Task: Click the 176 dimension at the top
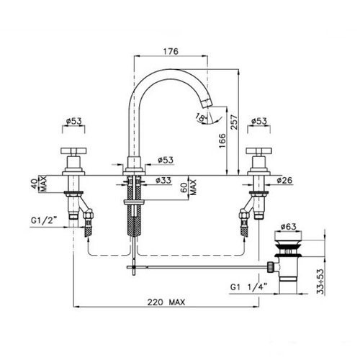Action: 171,51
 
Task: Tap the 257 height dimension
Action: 234,122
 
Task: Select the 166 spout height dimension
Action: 222,140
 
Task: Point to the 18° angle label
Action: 201,117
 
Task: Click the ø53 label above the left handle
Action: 74,121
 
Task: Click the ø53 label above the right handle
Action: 259,121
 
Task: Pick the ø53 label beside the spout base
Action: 166,160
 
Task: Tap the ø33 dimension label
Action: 163,180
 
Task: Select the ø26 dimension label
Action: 284,180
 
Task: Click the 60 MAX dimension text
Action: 189,187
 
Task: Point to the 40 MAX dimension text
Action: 39,184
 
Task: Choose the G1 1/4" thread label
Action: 249,287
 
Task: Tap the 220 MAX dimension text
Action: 166,302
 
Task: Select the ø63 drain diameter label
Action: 288,226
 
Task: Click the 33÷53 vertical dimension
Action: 320,282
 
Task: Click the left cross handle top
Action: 73,151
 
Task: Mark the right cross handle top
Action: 258,151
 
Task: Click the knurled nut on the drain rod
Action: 270,267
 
